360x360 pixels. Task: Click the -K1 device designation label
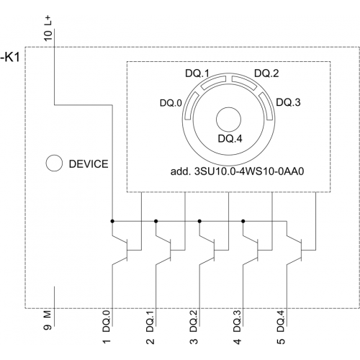coord(10,58)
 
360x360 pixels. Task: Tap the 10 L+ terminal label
coord(48,29)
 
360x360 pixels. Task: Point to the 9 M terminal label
coord(48,320)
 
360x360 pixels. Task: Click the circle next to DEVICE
coord(54,163)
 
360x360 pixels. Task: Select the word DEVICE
coord(89,164)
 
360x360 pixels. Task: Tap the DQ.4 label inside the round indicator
coord(230,138)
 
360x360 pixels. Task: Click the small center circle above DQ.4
coord(228,120)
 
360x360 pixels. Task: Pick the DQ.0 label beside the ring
coord(171,103)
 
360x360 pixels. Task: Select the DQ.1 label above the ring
coord(197,73)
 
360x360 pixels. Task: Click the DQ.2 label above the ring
coord(266,73)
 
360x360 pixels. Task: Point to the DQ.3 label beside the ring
coord(288,102)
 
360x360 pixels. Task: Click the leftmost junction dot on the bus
coord(112,221)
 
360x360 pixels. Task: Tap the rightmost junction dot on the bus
coord(243,221)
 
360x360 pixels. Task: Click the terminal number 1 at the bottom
coord(107,341)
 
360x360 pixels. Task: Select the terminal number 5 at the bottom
coord(281,341)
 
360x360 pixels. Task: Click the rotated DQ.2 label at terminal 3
coord(194,321)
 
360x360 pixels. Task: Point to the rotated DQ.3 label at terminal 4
coord(237,321)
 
